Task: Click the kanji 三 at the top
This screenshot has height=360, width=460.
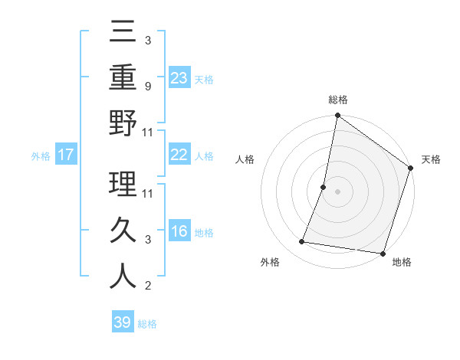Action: (x=123, y=32)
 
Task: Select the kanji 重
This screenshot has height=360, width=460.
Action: (x=123, y=77)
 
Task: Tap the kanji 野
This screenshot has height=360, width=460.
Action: (x=123, y=123)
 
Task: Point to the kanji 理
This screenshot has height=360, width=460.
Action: (x=123, y=185)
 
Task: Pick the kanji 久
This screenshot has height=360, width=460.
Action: (x=123, y=231)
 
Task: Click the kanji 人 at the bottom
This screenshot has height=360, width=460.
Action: (x=123, y=277)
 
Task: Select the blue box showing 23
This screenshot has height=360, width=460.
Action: (x=179, y=78)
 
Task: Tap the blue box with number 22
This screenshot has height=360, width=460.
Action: (x=179, y=155)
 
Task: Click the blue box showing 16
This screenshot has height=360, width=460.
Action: (x=179, y=231)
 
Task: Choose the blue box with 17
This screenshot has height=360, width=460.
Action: (x=65, y=155)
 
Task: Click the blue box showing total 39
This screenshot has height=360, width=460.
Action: (x=123, y=322)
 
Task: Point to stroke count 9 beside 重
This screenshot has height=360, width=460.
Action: (x=147, y=87)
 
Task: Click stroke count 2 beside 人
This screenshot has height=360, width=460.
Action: (x=147, y=286)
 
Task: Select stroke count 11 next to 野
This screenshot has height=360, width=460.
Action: (x=148, y=133)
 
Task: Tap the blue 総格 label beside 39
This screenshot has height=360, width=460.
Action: (x=147, y=324)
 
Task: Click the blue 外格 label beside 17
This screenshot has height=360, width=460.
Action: (x=41, y=156)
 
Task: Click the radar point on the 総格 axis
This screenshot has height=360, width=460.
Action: (x=337, y=116)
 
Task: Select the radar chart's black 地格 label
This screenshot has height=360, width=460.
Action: (x=402, y=262)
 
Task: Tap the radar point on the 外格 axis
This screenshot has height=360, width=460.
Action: (x=302, y=242)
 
